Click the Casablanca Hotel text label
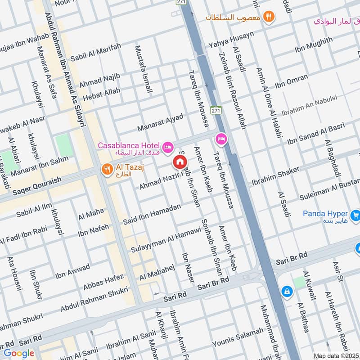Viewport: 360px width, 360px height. pyautogui.click(x=129, y=146)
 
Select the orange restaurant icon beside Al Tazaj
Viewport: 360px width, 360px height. pyautogui.click(x=107, y=169)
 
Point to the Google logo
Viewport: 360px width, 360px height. pyautogui.click(x=19, y=353)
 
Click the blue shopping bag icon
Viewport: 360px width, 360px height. pyautogui.click(x=286, y=292)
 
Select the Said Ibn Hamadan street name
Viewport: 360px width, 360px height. pyautogui.click(x=152, y=214)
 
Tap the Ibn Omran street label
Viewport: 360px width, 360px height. pyautogui.click(x=291, y=81)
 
